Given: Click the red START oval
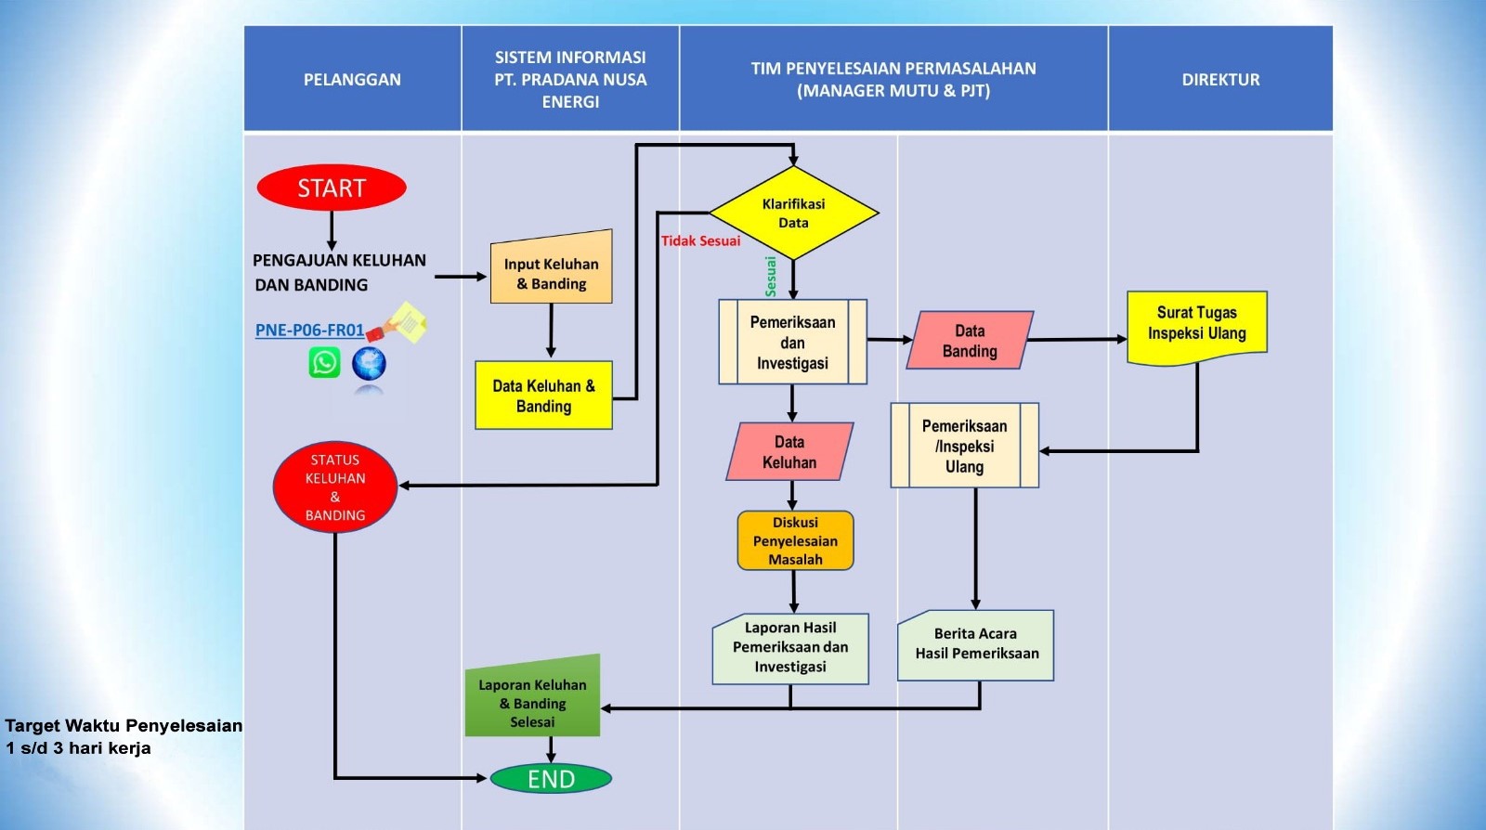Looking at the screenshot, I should (332, 188).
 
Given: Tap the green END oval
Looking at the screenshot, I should (551, 779).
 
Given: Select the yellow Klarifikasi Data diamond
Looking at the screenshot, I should (793, 214).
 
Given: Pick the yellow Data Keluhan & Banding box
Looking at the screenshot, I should (543, 396).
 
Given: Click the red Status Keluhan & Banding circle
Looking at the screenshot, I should (335, 487).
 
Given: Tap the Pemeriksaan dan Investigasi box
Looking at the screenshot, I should (792, 343).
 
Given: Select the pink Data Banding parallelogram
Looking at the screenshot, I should (970, 341).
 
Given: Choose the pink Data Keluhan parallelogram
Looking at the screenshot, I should (789, 452).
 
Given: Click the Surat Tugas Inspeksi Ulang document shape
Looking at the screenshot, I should (1196, 325).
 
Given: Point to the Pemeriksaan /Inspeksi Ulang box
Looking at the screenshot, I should (964, 446).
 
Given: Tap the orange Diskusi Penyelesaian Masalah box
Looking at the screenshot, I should (795, 540).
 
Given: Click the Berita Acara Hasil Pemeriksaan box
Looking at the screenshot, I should (975, 645).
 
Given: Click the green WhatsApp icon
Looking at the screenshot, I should (324, 362).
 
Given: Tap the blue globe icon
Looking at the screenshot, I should (369, 363).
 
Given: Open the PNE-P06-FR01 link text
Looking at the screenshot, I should (309, 331).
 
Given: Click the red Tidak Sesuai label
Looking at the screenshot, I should (700, 241).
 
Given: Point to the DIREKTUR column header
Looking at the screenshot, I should (1220, 80).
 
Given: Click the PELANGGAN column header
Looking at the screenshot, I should (352, 80).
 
